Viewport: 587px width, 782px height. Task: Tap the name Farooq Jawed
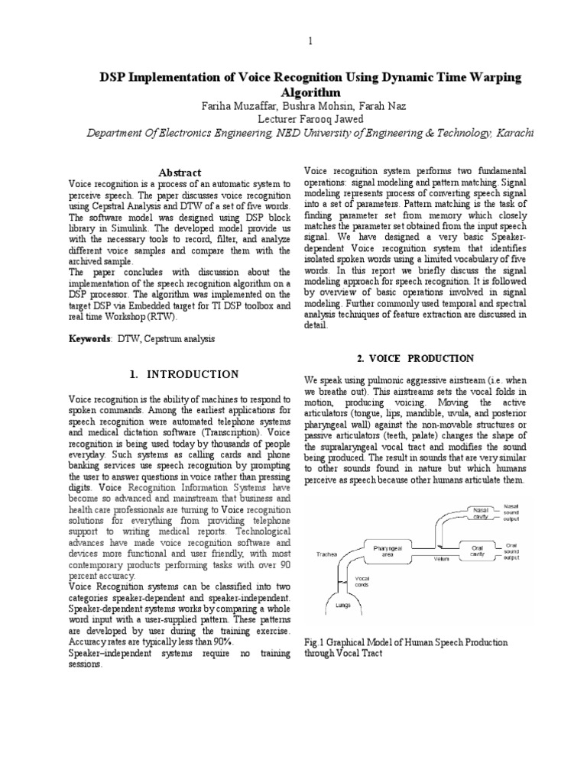click(x=331, y=119)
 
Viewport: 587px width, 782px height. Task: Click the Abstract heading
click(x=178, y=173)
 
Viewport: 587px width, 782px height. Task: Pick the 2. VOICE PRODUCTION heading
click(x=416, y=358)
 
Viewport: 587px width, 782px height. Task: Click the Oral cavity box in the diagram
click(x=475, y=549)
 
